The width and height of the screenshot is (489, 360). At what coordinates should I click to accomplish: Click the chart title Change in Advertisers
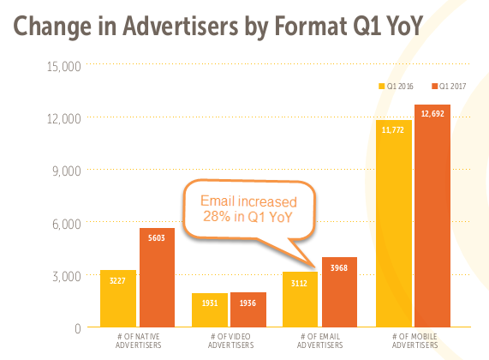coord(218,27)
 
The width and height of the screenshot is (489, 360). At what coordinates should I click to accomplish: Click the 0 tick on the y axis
coord(77,328)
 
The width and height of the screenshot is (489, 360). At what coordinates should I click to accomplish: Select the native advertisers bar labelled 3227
coord(117,299)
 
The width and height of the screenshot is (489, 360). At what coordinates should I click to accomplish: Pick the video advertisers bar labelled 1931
coord(210,310)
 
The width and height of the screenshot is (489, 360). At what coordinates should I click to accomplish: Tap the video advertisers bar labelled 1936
coord(248,310)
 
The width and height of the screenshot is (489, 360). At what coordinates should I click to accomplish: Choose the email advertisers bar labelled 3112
coord(300,300)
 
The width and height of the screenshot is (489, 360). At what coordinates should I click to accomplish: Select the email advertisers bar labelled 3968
coord(339,292)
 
